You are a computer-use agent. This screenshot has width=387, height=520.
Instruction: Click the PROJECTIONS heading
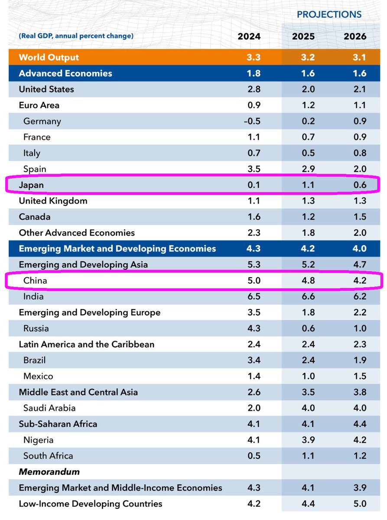(329, 14)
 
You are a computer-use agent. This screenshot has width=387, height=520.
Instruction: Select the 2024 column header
(249, 36)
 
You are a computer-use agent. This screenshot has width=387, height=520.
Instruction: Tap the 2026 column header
(355, 36)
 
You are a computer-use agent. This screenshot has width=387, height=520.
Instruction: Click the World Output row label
(49, 57)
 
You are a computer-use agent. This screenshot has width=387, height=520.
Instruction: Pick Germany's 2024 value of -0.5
(252, 121)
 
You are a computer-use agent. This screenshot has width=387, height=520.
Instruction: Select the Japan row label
(32, 185)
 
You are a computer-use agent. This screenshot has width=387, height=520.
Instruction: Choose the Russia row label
(36, 328)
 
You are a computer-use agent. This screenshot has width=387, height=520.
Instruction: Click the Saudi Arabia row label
(49, 408)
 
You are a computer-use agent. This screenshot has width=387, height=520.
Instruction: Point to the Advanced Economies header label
(65, 73)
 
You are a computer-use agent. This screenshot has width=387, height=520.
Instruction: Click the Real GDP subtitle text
(76, 36)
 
